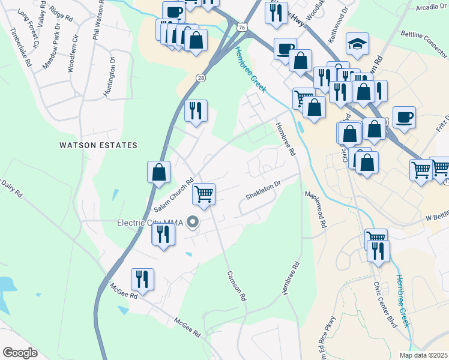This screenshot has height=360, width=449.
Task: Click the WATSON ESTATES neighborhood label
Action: click(x=98, y=145)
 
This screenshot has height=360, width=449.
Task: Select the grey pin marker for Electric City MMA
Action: click(x=193, y=223)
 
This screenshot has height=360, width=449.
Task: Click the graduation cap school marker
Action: click(x=357, y=44)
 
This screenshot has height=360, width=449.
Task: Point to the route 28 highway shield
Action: click(x=200, y=77)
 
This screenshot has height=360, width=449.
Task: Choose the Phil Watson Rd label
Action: click(x=95, y=24)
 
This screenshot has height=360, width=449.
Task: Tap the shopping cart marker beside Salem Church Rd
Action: click(x=203, y=194)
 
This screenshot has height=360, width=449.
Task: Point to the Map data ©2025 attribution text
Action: click(x=423, y=355)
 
